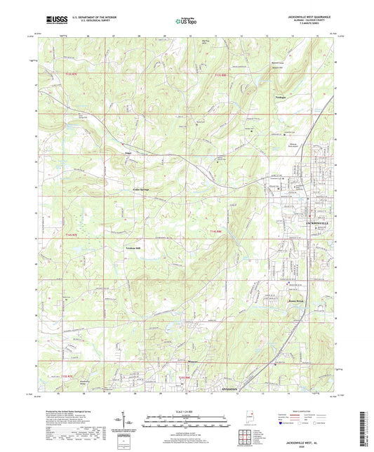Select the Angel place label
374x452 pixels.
128,150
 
